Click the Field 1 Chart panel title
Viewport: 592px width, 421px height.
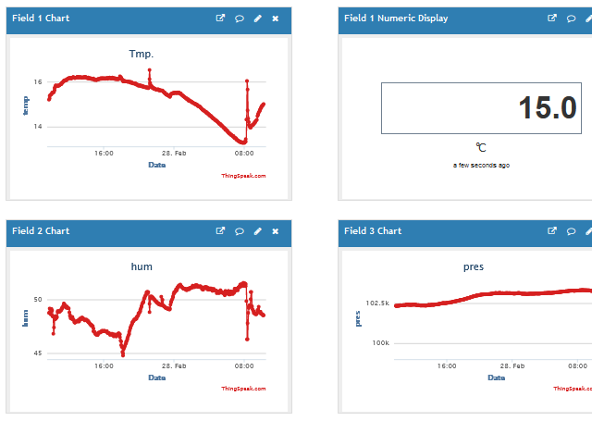(x=41, y=18)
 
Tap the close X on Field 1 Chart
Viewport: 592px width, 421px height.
(x=276, y=18)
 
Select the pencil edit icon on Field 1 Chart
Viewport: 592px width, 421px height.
(x=257, y=18)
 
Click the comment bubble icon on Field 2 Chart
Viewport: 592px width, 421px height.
(x=239, y=230)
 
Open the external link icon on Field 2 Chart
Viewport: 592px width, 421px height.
(x=220, y=230)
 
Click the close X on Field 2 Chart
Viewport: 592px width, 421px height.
(x=276, y=230)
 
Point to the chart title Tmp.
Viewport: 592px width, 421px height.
(x=141, y=53)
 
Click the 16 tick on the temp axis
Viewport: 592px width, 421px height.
(x=38, y=81)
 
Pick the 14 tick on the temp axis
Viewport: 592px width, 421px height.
(x=38, y=127)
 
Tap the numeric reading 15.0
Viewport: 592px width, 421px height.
(x=547, y=108)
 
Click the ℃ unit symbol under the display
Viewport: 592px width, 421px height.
(x=481, y=147)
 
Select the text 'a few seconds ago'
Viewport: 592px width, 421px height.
(x=481, y=165)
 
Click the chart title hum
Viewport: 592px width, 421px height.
(x=141, y=266)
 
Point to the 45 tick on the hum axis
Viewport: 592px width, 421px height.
(x=37, y=353)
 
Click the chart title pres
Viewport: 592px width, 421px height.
(x=473, y=266)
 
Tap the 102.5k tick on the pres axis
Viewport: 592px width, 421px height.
(x=377, y=303)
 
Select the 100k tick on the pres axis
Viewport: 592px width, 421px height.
(x=380, y=343)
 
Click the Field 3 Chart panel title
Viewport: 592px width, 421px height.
(x=373, y=230)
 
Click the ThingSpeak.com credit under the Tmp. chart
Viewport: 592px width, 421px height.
(x=243, y=176)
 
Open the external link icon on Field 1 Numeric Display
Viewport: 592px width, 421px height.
(x=552, y=18)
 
